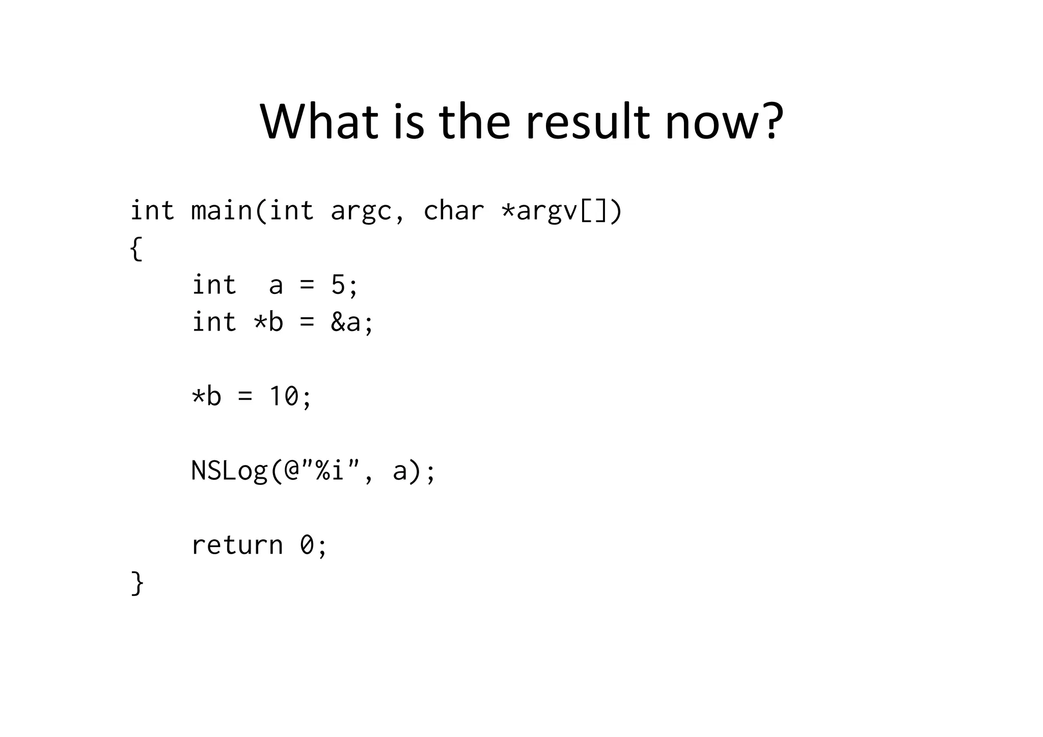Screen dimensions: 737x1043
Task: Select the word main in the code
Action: click(x=221, y=210)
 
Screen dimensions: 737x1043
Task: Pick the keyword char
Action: click(x=453, y=210)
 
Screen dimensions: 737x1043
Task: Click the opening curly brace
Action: click(x=136, y=248)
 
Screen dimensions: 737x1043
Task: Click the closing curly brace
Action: click(x=137, y=583)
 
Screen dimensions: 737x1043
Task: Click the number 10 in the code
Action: click(x=283, y=396)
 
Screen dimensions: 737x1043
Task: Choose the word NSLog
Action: click(x=229, y=471)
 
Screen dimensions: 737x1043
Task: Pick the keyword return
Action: click(x=237, y=545)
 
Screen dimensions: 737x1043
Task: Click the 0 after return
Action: click(x=307, y=545)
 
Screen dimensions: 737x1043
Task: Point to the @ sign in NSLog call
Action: click(x=291, y=471)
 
